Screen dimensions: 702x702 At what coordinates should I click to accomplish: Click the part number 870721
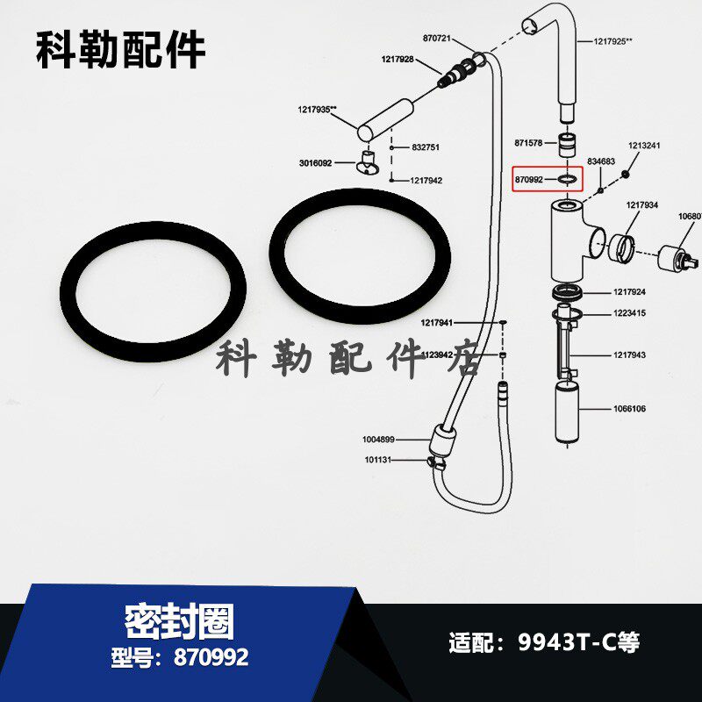pyautogui.click(x=437, y=39)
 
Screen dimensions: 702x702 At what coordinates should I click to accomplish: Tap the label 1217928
pyautogui.click(x=398, y=59)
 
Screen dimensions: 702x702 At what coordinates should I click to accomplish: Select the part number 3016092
pyautogui.click(x=315, y=163)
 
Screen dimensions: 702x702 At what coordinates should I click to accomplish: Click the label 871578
pyautogui.click(x=530, y=142)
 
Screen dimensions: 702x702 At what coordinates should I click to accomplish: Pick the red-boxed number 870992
pyautogui.click(x=529, y=179)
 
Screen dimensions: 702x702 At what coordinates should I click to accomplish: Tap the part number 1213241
pyautogui.click(x=644, y=147)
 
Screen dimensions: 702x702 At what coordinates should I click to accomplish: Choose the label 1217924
pyautogui.click(x=630, y=292)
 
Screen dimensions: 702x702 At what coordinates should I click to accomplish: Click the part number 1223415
pyautogui.click(x=630, y=313)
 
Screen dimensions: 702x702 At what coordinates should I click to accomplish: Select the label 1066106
pyautogui.click(x=628, y=409)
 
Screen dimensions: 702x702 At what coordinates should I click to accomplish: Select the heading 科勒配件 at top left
pyautogui.click(x=120, y=50)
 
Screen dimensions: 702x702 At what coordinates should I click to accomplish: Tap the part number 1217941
pyautogui.click(x=437, y=323)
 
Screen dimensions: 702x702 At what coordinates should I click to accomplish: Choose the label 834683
pyautogui.click(x=601, y=162)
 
